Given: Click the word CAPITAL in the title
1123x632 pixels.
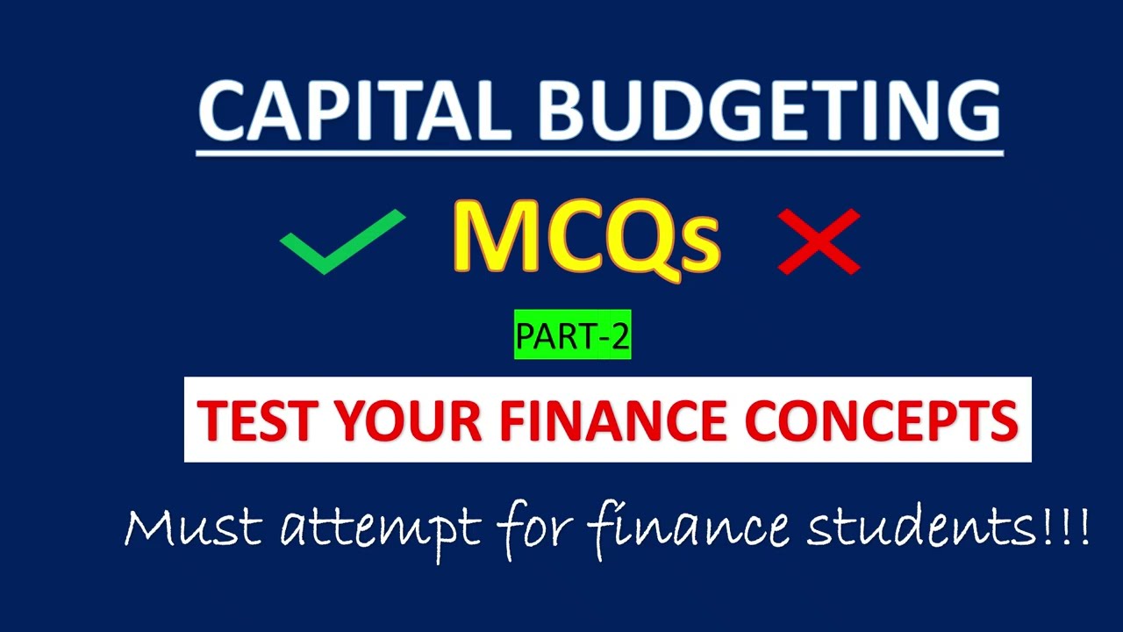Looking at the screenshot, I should (x=349, y=111).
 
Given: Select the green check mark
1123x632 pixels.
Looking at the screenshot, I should (x=341, y=241).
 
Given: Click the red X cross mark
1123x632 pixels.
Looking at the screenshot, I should (x=819, y=241).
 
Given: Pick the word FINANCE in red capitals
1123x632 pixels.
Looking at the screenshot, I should (x=612, y=420).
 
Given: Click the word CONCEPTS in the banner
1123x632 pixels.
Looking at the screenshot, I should (x=880, y=420).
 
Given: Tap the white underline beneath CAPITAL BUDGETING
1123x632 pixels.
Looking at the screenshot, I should (x=599, y=154).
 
